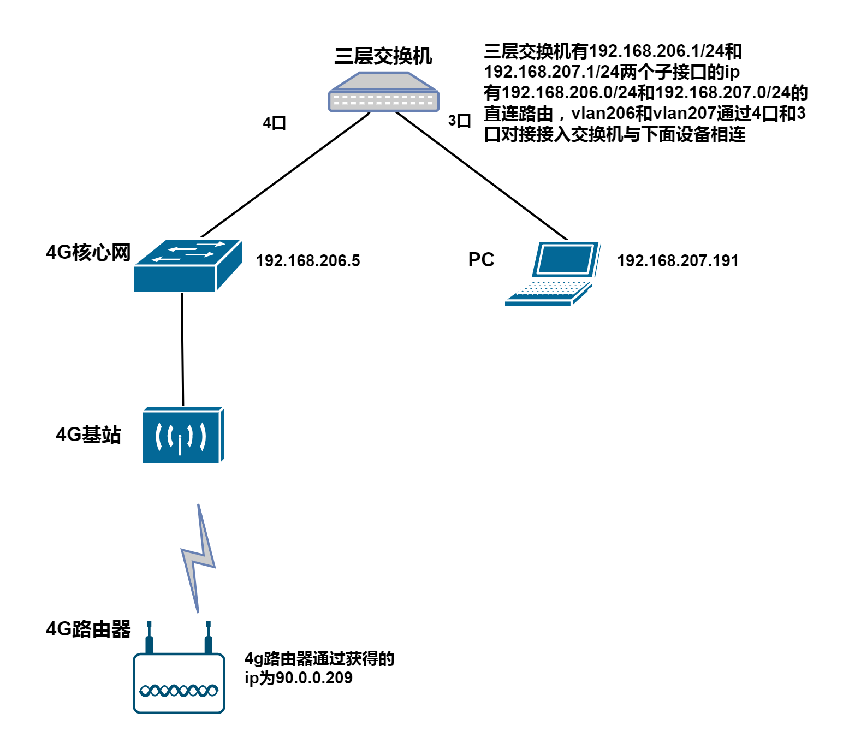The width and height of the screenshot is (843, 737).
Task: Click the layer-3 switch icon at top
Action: click(383, 92)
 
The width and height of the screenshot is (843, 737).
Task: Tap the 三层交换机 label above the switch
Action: click(383, 56)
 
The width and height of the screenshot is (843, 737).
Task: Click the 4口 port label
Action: click(275, 123)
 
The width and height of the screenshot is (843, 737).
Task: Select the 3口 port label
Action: click(459, 121)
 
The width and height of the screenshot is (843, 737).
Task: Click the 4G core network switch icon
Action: click(187, 266)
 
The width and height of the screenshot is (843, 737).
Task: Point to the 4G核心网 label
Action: click(88, 252)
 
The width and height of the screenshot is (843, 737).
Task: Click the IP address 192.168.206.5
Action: click(308, 261)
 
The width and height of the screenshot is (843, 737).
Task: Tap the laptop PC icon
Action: click(553, 274)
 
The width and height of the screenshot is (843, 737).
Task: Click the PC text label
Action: click(481, 259)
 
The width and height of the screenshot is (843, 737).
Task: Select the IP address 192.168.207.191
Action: click(678, 261)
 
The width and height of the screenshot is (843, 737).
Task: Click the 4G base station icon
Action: click(183, 435)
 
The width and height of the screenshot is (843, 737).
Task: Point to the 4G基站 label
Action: click(88, 435)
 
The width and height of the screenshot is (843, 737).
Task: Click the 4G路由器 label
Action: click(88, 629)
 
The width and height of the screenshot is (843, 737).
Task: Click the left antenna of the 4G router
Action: click(149, 637)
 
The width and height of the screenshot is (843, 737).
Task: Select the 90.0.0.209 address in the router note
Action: click(314, 677)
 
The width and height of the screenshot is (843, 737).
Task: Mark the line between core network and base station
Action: click(182, 349)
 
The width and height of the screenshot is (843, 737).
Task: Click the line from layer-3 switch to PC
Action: click(481, 175)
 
